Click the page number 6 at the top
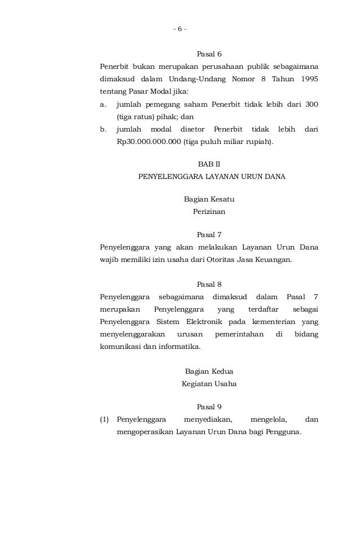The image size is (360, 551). coord(180,29)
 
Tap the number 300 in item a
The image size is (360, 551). coord(310,104)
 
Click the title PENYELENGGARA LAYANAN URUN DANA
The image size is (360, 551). coord(212,177)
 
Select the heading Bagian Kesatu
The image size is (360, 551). coord(209,199)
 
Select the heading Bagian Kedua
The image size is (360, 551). coord(209,371)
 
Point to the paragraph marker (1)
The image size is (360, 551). coord(104,420)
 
